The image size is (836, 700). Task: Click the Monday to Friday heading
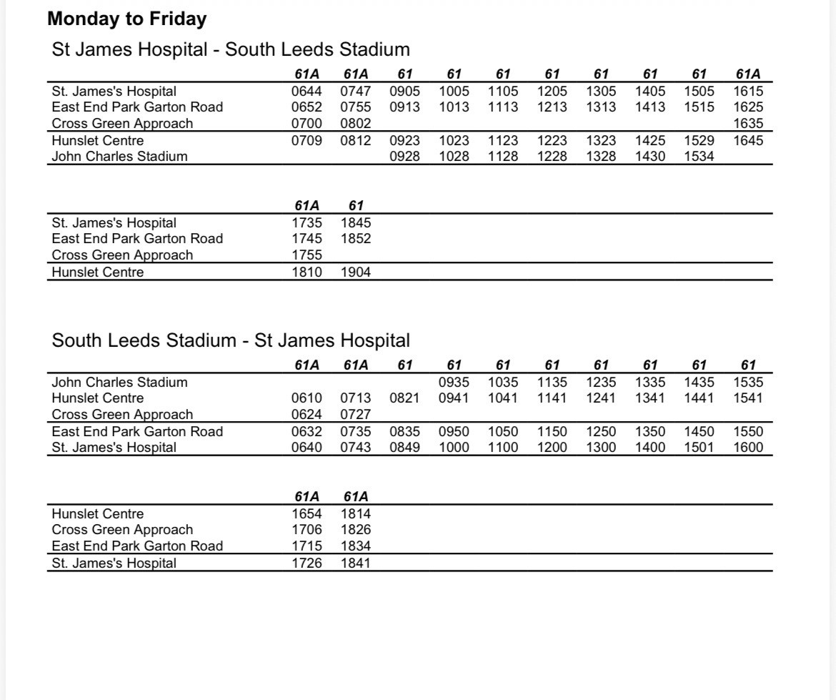tap(127, 19)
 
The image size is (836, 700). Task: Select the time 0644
tap(307, 91)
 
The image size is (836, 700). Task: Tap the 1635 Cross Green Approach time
tap(748, 123)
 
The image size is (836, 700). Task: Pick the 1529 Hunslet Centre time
tap(699, 140)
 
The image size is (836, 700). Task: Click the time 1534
tap(699, 156)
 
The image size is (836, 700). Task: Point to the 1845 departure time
tap(356, 222)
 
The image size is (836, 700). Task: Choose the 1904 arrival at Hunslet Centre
tap(356, 272)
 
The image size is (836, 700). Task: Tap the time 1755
tap(307, 255)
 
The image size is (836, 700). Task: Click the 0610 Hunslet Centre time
tap(307, 398)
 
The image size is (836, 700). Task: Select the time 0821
tap(405, 398)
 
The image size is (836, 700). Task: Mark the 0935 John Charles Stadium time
tap(454, 382)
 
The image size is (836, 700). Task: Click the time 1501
tap(699, 448)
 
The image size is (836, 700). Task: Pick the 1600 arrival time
tap(748, 448)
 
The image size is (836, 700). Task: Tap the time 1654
tap(307, 513)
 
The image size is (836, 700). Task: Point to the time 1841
tap(356, 563)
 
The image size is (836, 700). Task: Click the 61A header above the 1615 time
tap(748, 74)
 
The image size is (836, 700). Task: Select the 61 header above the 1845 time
tap(356, 206)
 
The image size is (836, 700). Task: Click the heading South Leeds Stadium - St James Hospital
tap(231, 340)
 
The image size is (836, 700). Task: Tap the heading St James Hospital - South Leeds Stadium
tap(231, 49)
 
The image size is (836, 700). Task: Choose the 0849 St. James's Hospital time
tap(405, 448)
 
